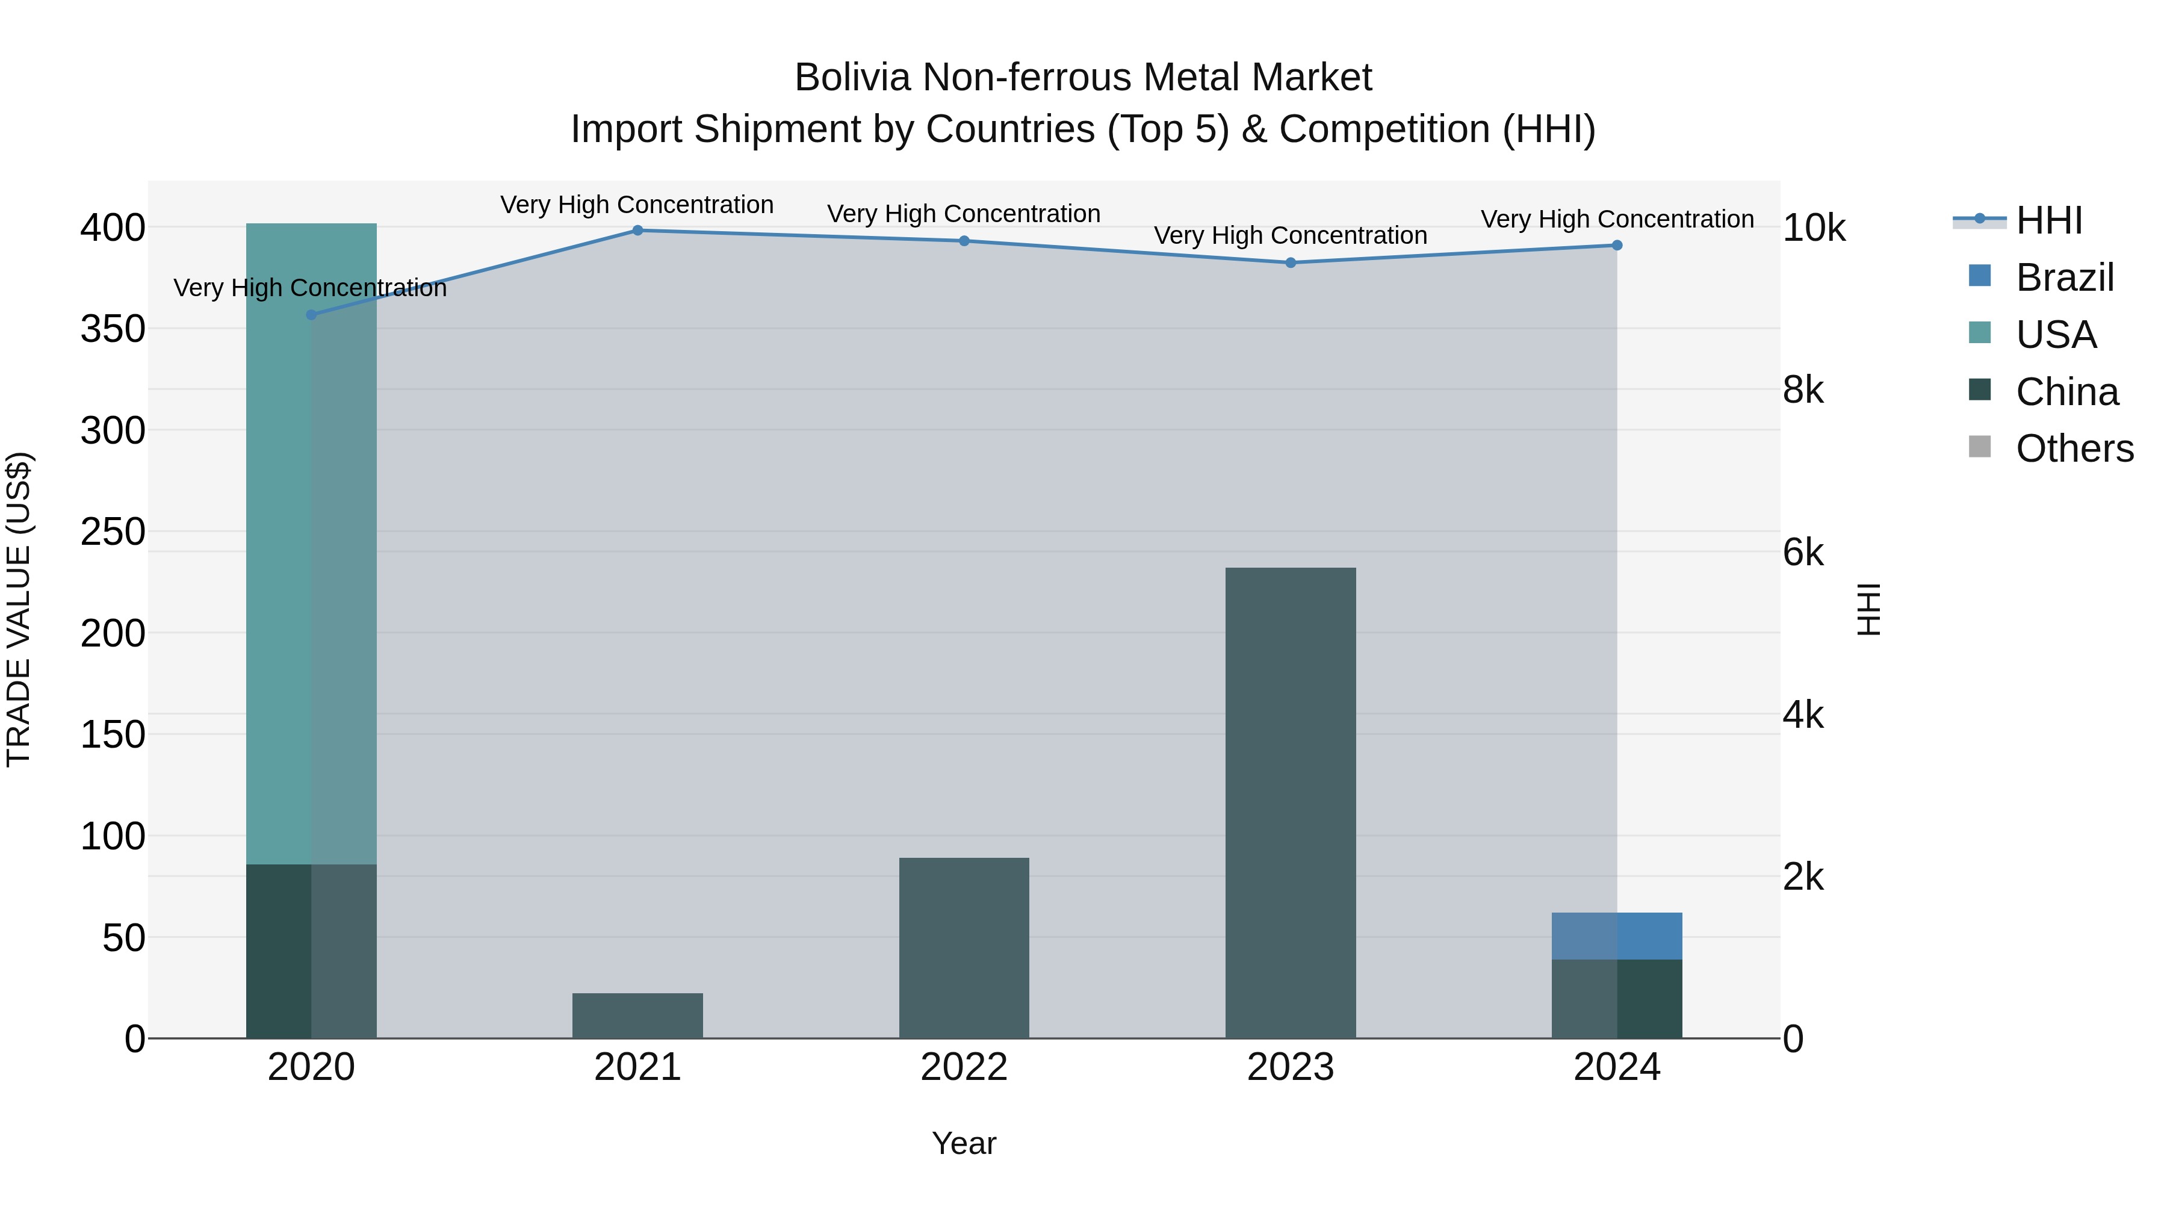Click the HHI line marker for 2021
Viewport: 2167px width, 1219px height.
637,231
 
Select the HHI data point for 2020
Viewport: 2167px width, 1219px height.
311,315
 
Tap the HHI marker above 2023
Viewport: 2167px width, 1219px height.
1291,262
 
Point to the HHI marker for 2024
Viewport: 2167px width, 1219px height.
1617,246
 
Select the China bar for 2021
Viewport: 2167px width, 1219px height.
637,1016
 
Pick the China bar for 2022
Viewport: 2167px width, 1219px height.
964,948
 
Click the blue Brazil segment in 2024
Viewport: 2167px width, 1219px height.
1617,935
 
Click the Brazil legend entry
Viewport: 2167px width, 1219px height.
2065,278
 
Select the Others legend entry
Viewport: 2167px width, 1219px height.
2074,448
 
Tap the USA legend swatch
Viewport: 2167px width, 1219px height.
1980,333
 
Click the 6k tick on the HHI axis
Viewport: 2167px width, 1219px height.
1803,553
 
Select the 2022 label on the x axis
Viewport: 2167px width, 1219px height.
964,1067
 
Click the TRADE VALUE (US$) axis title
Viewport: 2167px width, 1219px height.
19,609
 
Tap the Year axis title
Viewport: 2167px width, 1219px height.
964,1143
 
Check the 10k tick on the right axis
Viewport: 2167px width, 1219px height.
1814,228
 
